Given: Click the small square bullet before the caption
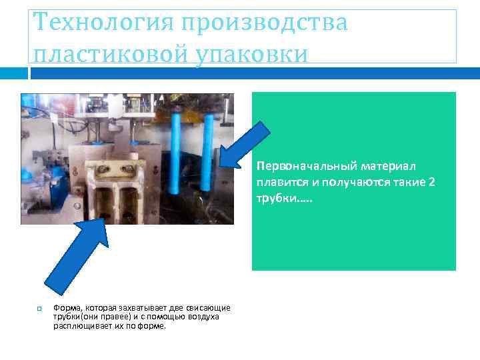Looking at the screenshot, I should tap(39, 308).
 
